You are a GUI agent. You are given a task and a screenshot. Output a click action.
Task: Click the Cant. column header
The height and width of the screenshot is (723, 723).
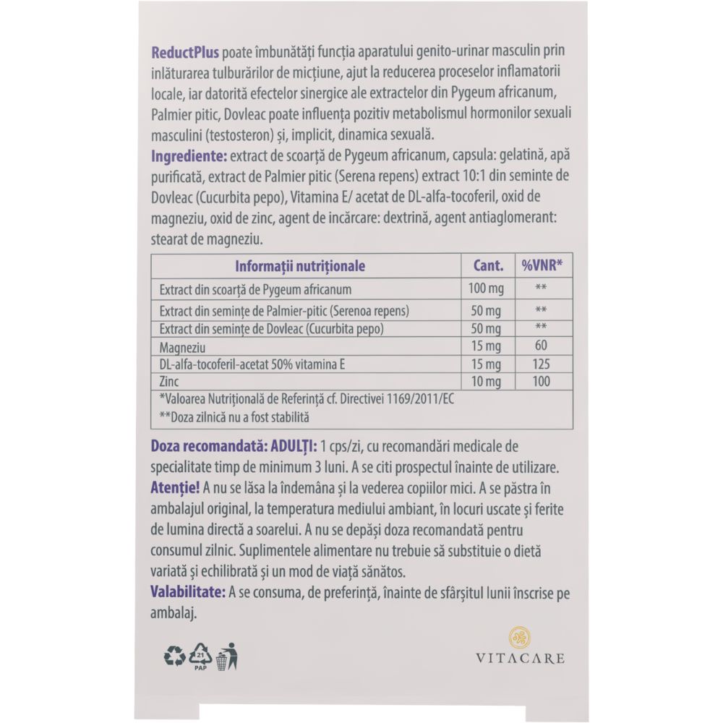coord(488,266)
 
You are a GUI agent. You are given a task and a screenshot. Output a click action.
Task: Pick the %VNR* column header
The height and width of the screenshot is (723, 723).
coord(542,266)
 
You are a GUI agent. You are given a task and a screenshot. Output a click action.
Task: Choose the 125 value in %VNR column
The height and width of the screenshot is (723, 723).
coord(541,364)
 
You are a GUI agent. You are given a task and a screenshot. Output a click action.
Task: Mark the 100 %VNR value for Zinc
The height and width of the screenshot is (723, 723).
coord(541,380)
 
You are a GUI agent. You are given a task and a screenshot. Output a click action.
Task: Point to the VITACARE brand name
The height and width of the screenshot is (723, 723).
coord(520,659)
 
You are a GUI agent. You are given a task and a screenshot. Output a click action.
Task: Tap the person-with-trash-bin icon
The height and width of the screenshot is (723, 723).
coord(228,655)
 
